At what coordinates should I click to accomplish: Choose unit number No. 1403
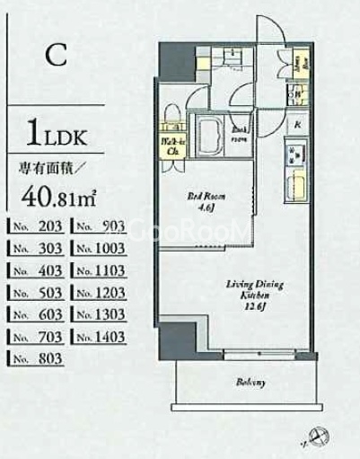point(99,338)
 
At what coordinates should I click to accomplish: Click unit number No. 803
point(35,360)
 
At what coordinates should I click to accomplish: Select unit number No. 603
point(35,315)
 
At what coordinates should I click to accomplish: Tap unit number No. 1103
point(99,270)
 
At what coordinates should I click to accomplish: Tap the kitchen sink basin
point(296,189)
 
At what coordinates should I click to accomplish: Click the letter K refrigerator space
point(296,123)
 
